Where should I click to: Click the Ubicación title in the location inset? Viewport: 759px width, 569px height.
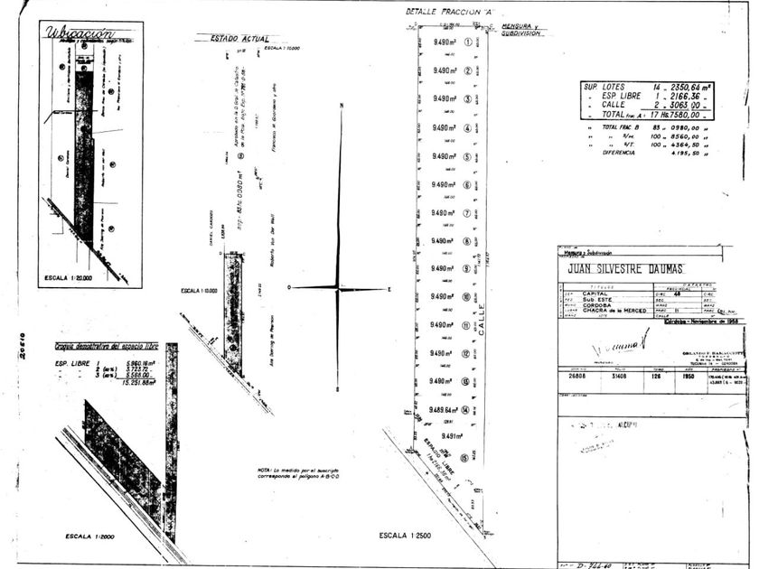84,34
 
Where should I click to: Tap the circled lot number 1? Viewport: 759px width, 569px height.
467,42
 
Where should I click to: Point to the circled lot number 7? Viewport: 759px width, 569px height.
467,213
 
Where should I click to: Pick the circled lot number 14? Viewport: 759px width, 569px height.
464,410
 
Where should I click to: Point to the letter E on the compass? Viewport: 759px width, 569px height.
389,289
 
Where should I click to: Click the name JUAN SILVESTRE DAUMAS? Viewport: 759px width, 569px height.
625,269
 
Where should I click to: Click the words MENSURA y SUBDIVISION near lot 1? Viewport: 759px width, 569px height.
519,29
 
